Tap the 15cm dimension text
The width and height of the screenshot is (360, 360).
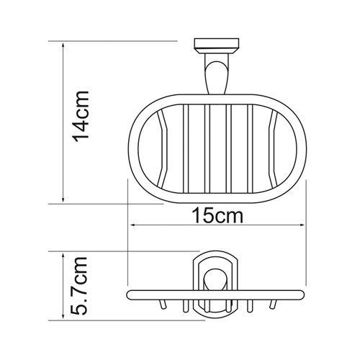(x=216, y=215)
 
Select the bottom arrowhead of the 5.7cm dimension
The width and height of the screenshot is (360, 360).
(x=65, y=317)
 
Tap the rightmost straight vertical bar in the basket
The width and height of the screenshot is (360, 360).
(x=250, y=151)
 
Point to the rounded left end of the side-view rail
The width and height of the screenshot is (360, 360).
(x=129, y=296)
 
